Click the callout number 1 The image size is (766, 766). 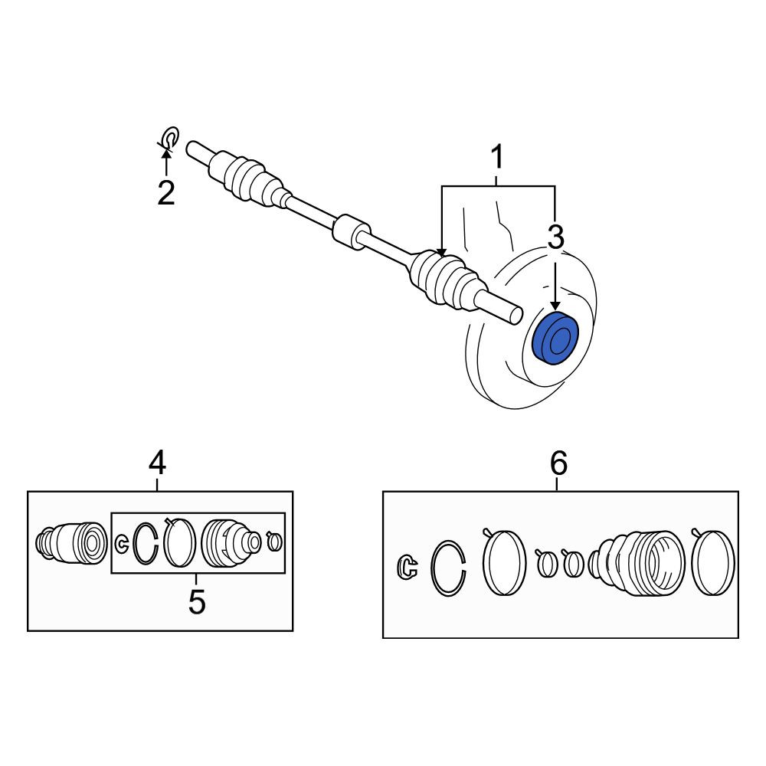[x=497, y=156]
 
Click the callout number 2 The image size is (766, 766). [x=166, y=193]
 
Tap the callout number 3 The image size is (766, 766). [x=555, y=237]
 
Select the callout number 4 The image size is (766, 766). [x=157, y=463]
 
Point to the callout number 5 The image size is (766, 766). [x=197, y=601]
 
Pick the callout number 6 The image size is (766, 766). [x=559, y=463]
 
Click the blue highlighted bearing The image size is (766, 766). [x=555, y=338]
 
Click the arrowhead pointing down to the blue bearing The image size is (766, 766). [x=555, y=306]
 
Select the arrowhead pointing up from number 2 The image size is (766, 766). [x=166, y=153]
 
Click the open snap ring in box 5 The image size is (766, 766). [x=146, y=543]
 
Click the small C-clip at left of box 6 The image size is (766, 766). [x=408, y=568]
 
